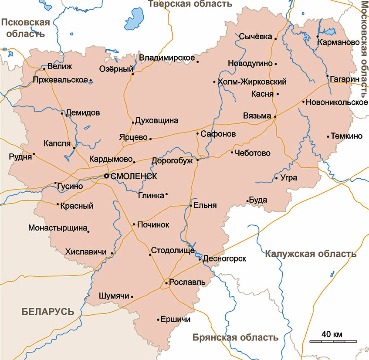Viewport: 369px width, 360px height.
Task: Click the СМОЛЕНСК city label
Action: click(133, 177)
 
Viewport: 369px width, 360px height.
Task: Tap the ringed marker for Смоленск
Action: click(106, 176)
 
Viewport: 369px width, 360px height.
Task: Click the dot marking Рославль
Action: click(167, 283)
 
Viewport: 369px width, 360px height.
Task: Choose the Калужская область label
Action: click(311, 254)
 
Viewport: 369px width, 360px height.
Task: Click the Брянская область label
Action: click(235, 337)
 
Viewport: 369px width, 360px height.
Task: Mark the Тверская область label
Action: click(190, 4)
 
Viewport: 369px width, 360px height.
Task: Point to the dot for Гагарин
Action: click(328, 76)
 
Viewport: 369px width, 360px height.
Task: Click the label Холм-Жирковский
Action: click(252, 82)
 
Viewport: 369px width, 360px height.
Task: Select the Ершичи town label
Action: click(176, 319)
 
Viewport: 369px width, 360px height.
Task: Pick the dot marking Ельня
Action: click(191, 205)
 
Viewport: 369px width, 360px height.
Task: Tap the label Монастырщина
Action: click(57, 228)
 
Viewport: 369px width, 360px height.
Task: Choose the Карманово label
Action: click(339, 43)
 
